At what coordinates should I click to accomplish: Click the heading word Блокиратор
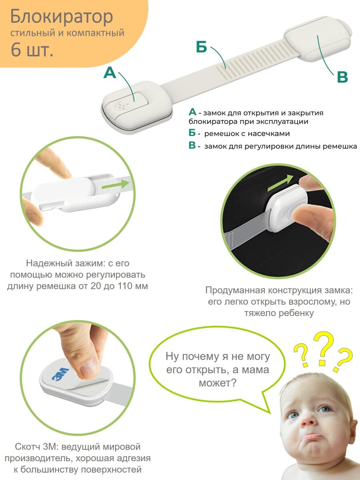[62, 17]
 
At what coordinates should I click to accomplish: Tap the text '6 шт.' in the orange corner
[32, 50]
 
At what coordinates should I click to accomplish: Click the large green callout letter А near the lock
[110, 73]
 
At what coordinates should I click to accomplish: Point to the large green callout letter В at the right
[342, 78]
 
